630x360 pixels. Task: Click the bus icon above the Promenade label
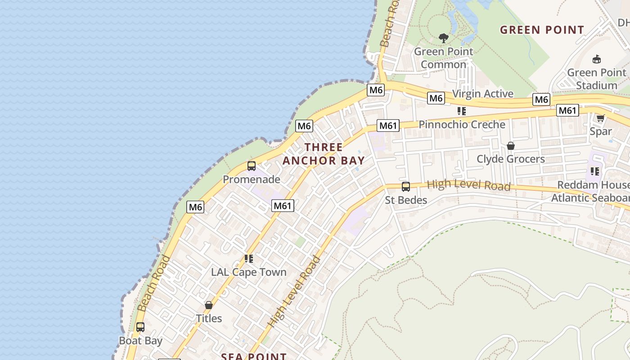click(x=252, y=166)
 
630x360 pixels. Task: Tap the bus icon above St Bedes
click(x=405, y=187)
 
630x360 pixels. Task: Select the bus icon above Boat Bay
click(x=140, y=327)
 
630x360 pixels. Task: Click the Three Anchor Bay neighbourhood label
click(x=324, y=154)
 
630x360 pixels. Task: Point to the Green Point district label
click(x=542, y=30)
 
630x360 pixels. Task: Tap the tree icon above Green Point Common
click(x=444, y=38)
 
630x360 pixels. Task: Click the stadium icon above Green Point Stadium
click(x=597, y=59)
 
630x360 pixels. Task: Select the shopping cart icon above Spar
click(x=600, y=118)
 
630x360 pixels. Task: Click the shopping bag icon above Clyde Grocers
click(x=510, y=146)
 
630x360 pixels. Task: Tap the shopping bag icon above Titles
click(x=208, y=305)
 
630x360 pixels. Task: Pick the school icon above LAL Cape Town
click(x=248, y=259)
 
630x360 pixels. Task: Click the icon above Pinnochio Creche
click(x=461, y=111)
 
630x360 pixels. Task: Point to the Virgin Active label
click(x=482, y=94)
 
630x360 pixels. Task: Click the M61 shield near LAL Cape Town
click(x=283, y=206)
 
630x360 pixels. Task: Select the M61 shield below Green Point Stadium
click(x=567, y=110)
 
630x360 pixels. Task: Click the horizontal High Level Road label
click(x=468, y=185)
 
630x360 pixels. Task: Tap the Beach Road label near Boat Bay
click(x=153, y=283)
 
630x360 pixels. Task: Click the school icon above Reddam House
click(x=595, y=171)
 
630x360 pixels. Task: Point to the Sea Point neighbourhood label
click(x=254, y=356)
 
